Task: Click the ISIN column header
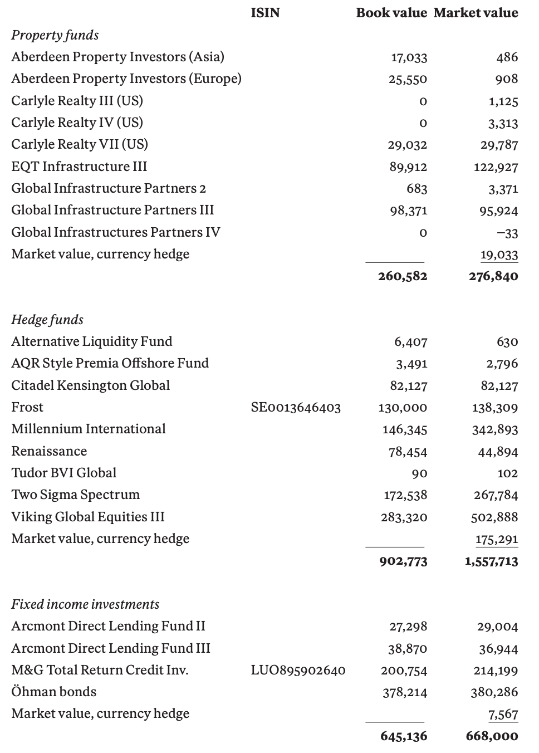(265, 13)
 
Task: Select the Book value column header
(391, 13)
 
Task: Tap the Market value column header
(476, 13)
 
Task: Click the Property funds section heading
(55, 35)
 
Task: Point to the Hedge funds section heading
(47, 320)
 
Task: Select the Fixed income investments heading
(85, 604)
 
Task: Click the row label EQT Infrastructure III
(79, 167)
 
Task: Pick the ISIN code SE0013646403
(296, 408)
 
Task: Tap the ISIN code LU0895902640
(298, 671)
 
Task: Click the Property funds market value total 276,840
(493, 276)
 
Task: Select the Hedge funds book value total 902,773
(403, 561)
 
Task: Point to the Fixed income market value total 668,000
(492, 736)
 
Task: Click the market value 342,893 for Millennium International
(494, 430)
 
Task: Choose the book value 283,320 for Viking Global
(404, 517)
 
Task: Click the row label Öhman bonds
(53, 692)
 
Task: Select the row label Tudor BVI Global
(63, 473)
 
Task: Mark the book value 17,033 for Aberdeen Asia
(409, 57)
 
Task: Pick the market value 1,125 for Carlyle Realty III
(503, 101)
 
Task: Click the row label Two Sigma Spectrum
(75, 495)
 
